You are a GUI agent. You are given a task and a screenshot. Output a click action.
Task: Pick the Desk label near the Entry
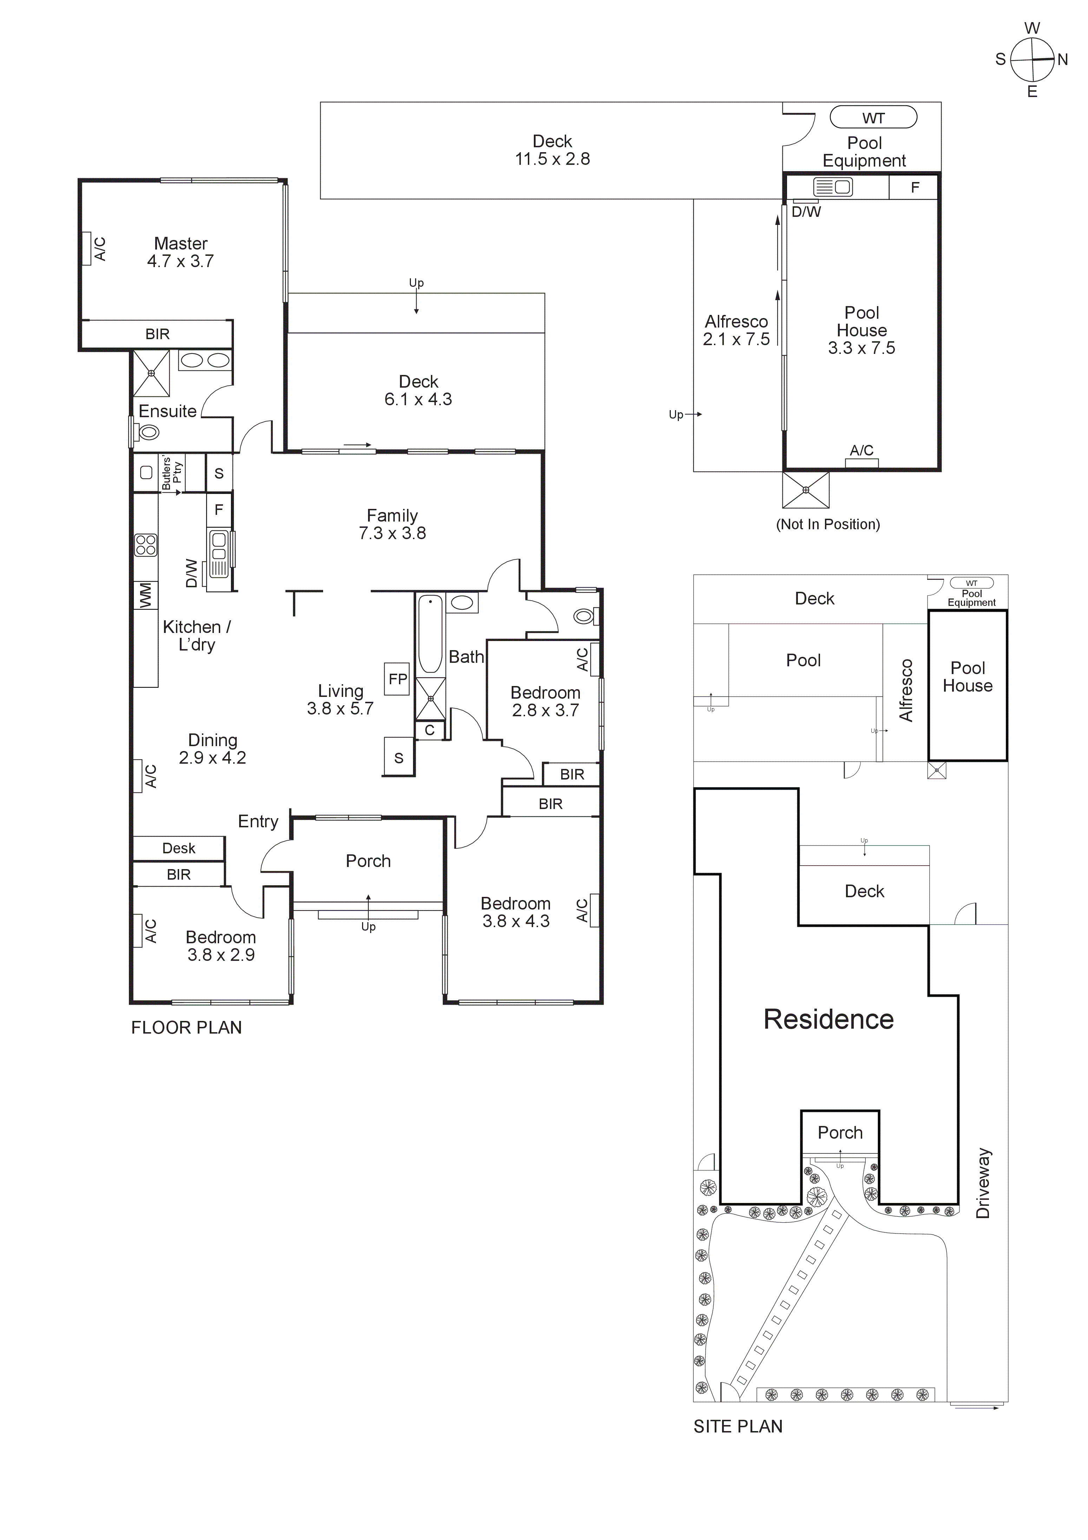point(178,848)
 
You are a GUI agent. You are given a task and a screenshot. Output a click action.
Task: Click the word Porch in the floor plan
point(368,861)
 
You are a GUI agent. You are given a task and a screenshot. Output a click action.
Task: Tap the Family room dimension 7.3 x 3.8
point(392,533)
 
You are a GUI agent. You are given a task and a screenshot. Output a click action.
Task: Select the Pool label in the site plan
point(803,661)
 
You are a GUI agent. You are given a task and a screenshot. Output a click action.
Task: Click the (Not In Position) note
point(828,524)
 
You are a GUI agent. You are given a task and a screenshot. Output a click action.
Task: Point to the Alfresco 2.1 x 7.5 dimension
point(736,339)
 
